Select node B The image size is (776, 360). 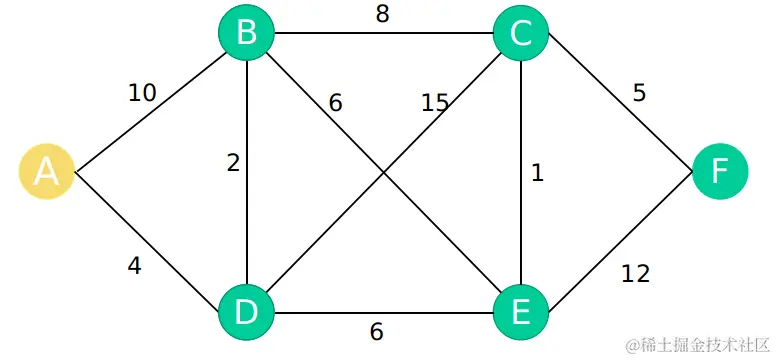(x=246, y=34)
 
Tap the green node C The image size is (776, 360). (x=520, y=34)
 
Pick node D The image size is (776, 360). (x=246, y=311)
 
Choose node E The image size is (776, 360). (x=520, y=311)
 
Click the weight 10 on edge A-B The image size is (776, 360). (x=142, y=93)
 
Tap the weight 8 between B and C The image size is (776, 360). (x=383, y=15)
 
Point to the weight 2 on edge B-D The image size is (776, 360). (x=233, y=163)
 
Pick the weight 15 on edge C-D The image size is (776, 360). (x=434, y=102)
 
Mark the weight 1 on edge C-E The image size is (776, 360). (x=537, y=173)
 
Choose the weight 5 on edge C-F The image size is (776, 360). (x=639, y=93)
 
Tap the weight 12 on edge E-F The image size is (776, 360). (x=635, y=272)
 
